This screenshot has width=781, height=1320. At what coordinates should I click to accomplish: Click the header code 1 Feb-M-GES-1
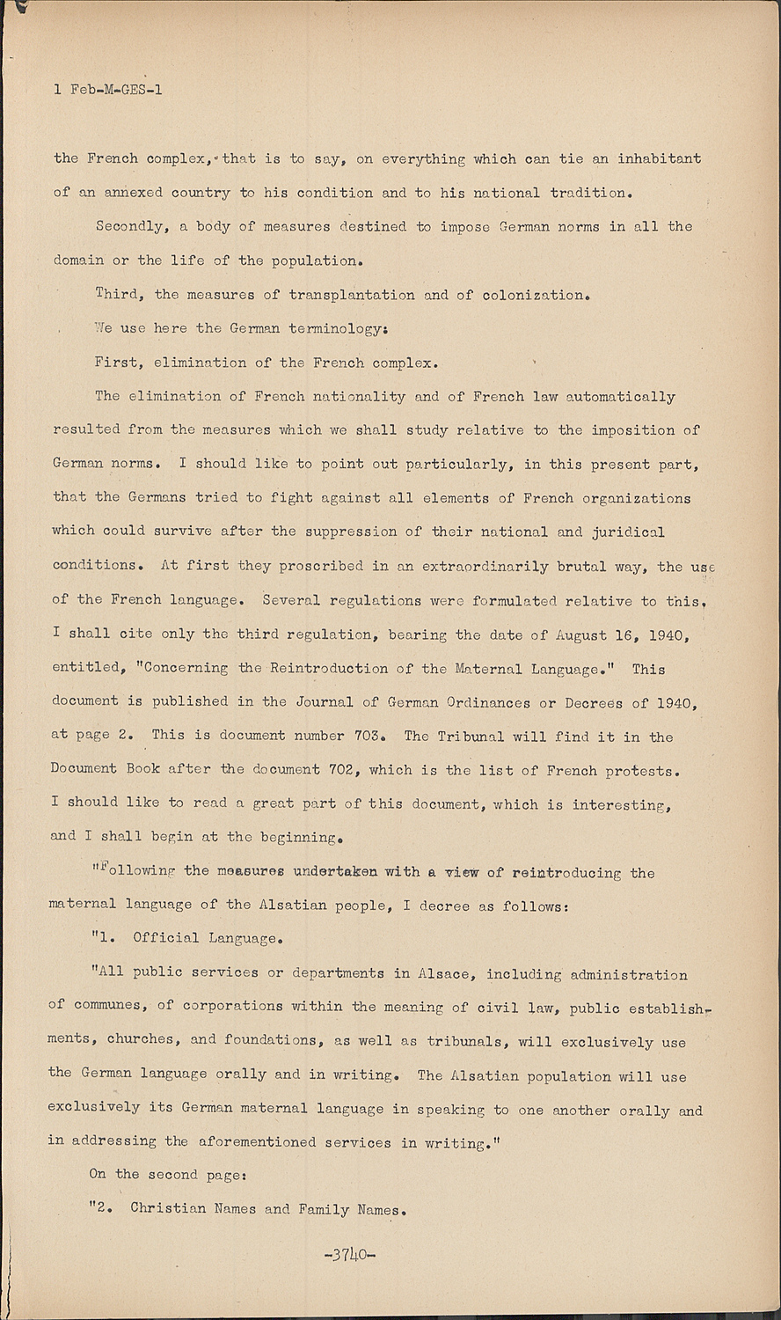[x=108, y=90]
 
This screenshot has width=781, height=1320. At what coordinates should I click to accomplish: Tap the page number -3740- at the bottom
[x=350, y=1254]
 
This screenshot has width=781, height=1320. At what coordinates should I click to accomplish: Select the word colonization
[x=535, y=295]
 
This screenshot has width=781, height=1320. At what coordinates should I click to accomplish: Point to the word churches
[x=141, y=1039]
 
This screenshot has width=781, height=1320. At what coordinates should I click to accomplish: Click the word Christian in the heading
[x=168, y=1208]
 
